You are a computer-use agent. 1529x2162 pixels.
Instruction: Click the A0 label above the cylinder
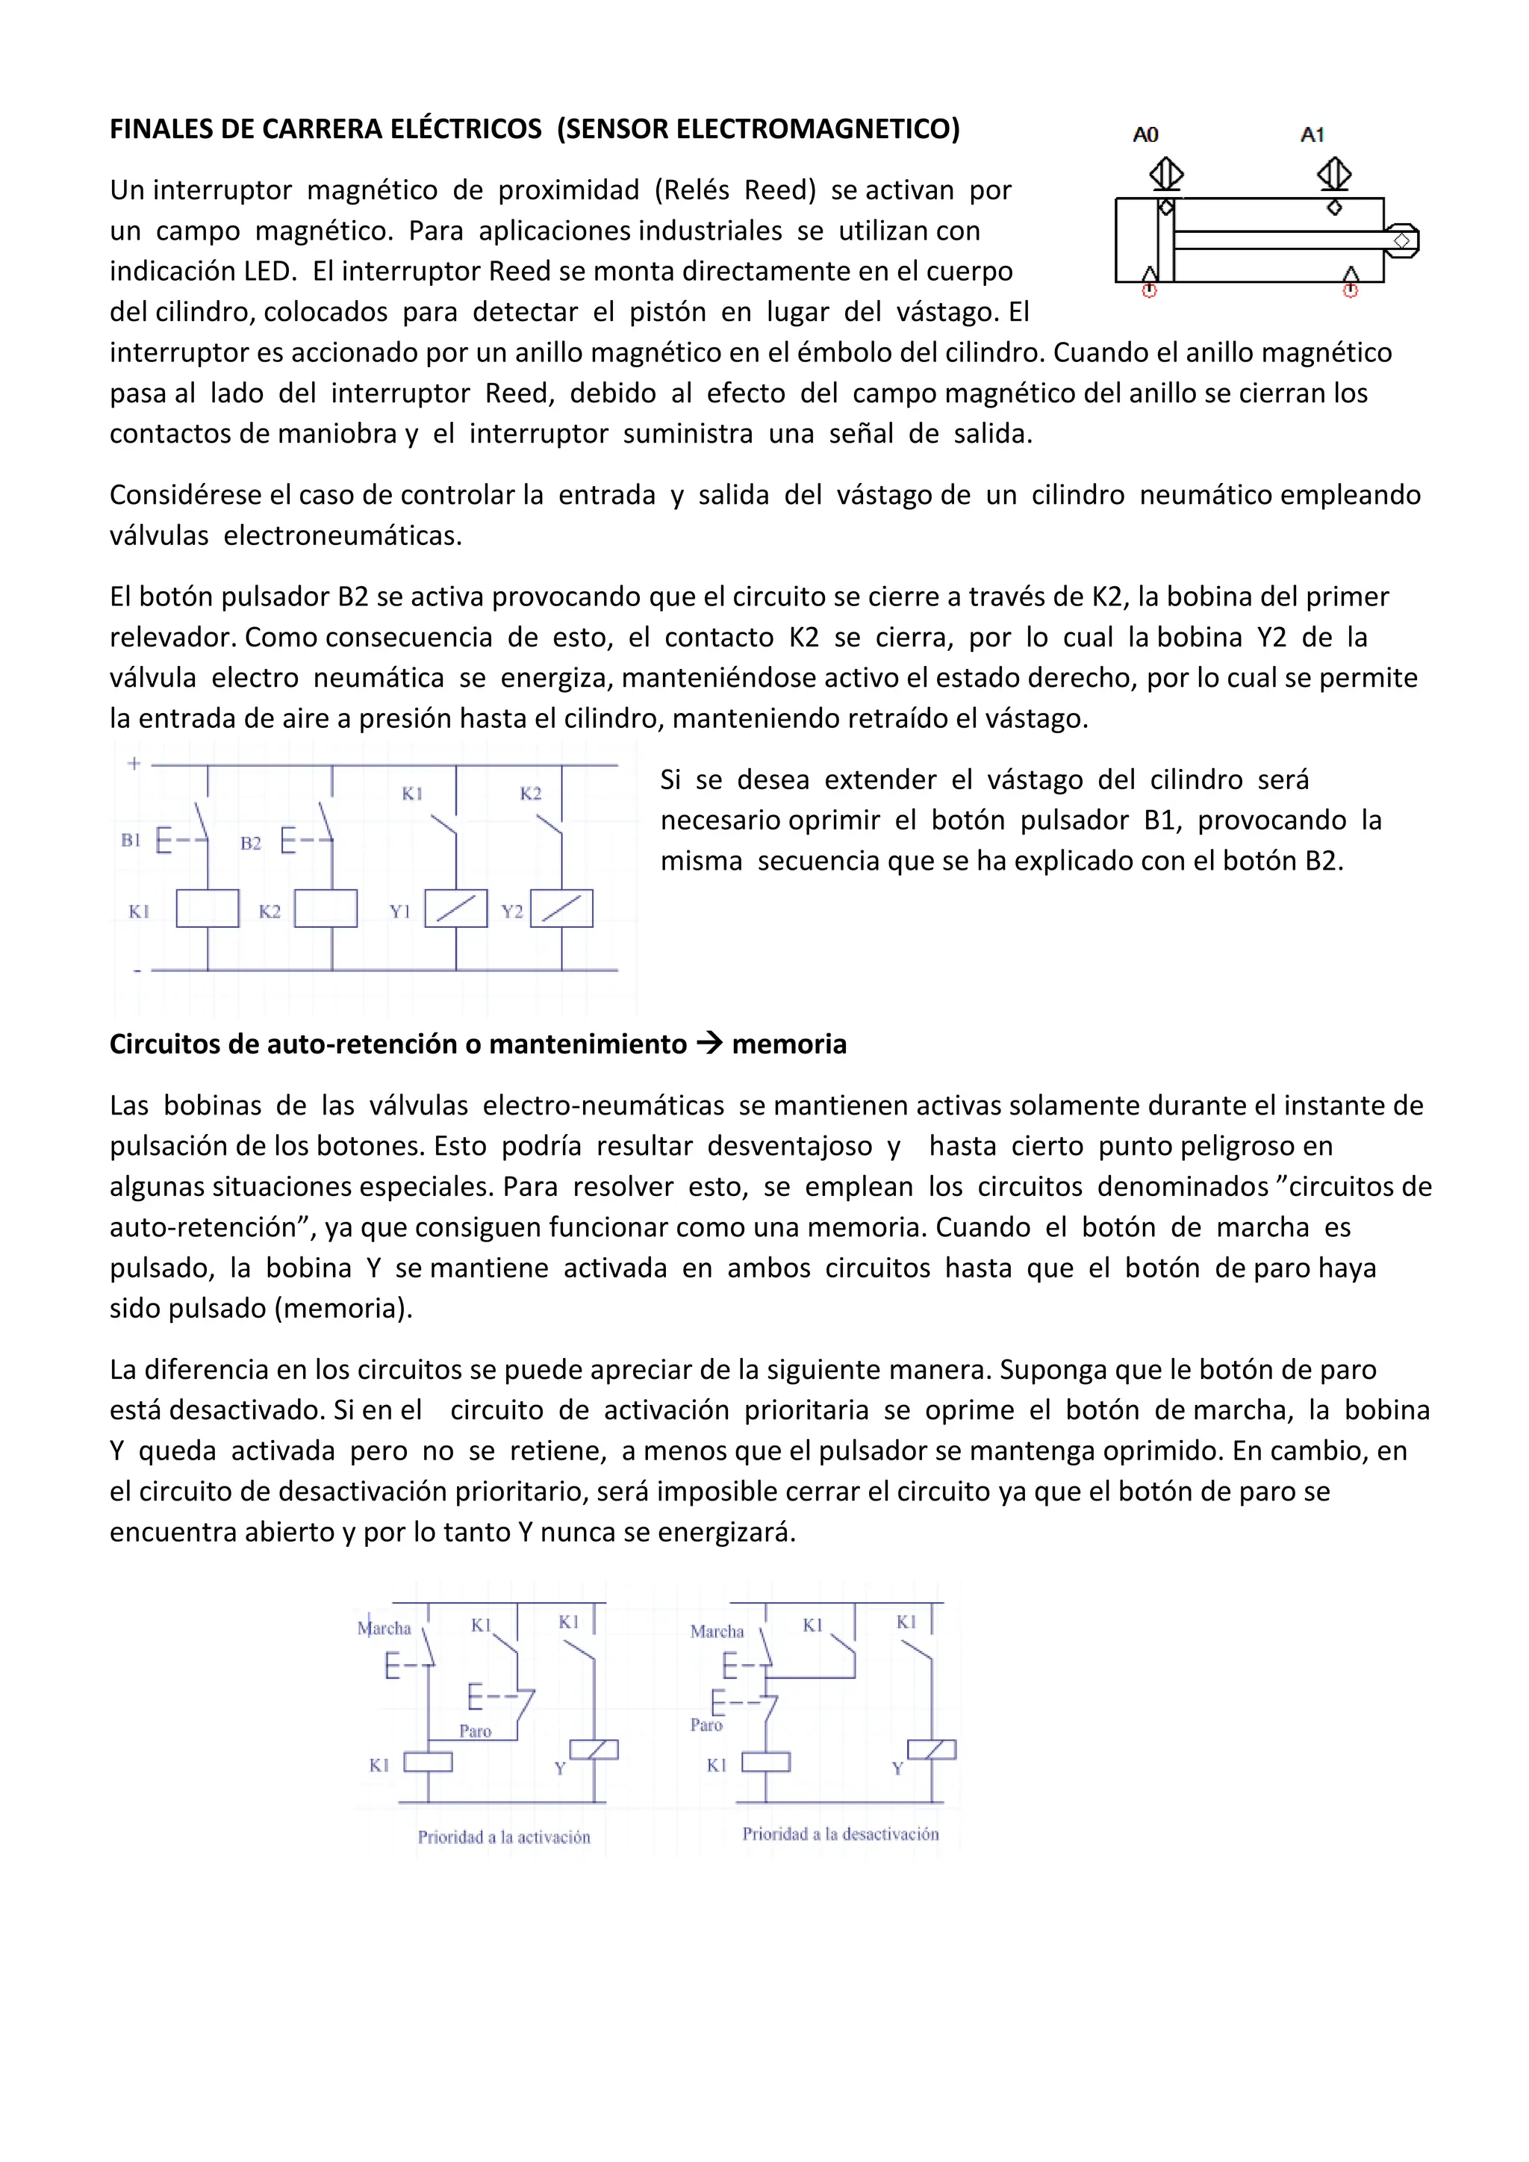tap(1145, 134)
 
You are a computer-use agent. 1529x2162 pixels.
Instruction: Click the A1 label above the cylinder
tap(1312, 134)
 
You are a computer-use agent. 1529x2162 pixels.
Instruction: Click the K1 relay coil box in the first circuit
tap(207, 909)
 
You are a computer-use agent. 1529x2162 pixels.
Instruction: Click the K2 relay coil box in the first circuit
tap(326, 909)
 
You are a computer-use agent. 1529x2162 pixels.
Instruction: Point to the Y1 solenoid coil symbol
tap(455, 909)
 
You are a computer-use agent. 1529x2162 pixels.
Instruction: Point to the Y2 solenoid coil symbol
tap(562, 909)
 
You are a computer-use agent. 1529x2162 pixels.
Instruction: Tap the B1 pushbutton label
tap(131, 840)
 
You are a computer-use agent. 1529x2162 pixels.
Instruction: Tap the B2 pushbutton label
tap(250, 844)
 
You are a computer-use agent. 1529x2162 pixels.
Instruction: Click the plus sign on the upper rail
tap(134, 764)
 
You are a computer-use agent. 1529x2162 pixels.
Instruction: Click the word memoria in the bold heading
tap(789, 1044)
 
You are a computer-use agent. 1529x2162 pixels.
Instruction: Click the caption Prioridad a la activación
tap(504, 1837)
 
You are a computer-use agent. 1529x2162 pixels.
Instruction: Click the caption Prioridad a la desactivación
tap(840, 1834)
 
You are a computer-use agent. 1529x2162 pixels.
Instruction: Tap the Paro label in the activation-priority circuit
tap(476, 1730)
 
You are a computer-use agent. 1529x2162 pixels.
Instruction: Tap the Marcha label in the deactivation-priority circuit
tap(717, 1632)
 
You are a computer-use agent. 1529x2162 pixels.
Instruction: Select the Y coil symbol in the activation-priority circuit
tap(595, 1751)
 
